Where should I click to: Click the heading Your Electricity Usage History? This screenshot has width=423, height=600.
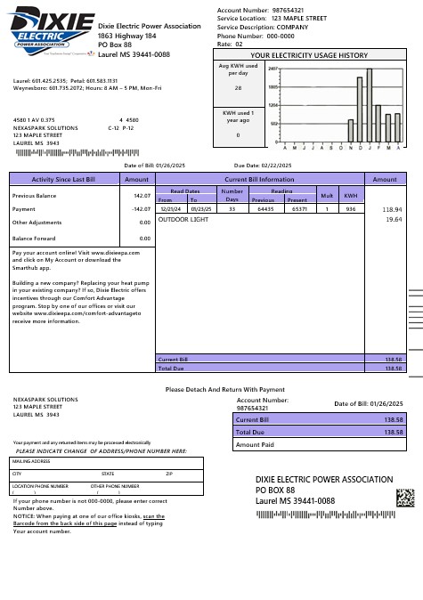click(308, 55)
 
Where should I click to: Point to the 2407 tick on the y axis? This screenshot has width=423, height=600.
click(273, 69)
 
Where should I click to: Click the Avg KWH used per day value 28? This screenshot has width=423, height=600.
click(238, 88)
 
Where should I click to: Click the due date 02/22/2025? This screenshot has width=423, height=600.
click(279, 166)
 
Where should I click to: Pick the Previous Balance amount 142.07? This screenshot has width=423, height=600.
click(141, 195)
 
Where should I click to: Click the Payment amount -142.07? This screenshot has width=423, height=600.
click(140, 209)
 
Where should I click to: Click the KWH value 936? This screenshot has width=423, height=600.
click(351, 209)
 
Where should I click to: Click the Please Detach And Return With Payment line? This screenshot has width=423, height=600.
click(225, 389)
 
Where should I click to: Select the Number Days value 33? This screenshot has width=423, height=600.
click(232, 209)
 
